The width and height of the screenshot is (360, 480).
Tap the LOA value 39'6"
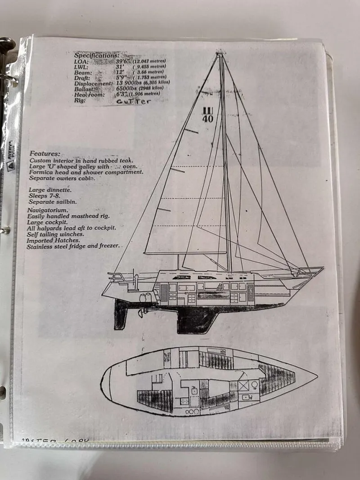122,61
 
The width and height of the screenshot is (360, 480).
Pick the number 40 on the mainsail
208,119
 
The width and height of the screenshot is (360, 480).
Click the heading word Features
45,153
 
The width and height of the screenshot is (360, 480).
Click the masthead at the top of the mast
220,54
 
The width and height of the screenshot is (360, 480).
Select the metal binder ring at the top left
6,47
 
